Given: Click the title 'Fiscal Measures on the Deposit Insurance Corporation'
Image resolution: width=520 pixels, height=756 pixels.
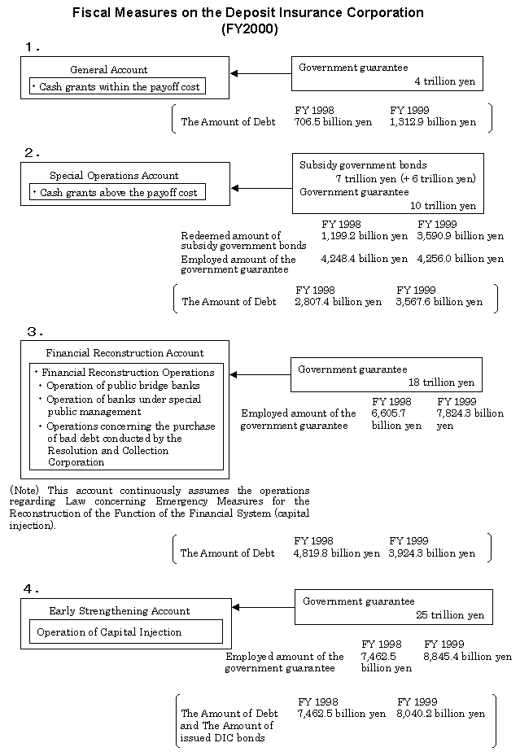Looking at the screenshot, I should (x=248, y=13).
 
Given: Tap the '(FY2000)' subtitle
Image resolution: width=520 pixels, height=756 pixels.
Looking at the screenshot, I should (x=249, y=28).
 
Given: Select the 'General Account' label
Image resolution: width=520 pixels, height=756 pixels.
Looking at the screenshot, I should (x=109, y=70).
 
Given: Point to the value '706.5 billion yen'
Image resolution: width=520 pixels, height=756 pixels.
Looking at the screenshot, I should (x=333, y=122).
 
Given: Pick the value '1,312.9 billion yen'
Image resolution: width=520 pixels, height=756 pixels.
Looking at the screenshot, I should (x=433, y=122).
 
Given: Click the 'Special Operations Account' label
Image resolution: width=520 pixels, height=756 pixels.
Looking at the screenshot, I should (x=114, y=176).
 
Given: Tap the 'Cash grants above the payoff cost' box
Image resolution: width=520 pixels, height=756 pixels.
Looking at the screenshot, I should (x=118, y=192).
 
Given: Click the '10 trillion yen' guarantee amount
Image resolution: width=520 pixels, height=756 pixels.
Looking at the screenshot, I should (x=444, y=206).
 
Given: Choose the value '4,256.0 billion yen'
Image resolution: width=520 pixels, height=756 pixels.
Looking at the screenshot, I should (x=460, y=259).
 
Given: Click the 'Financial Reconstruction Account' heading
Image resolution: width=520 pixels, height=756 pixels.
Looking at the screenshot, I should (x=125, y=353).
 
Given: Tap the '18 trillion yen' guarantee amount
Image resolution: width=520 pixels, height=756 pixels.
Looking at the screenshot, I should (x=441, y=382).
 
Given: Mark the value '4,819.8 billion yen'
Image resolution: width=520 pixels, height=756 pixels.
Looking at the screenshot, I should (x=337, y=553).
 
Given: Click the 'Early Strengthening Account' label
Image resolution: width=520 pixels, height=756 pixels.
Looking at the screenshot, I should (x=120, y=611).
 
